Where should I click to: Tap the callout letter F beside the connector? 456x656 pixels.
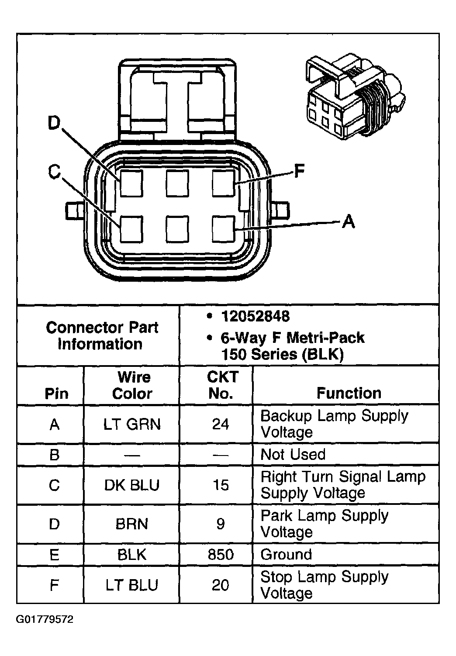(299, 171)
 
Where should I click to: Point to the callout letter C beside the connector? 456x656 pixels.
(54, 172)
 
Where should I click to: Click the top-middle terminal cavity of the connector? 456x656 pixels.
(177, 183)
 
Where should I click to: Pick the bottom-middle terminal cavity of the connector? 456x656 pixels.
(177, 229)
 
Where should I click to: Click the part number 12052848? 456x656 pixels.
(255, 316)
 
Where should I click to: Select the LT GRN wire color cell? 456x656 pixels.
(131, 424)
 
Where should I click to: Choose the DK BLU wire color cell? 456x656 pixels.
(131, 485)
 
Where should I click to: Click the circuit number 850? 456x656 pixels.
(221, 555)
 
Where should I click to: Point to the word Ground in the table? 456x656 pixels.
(286, 555)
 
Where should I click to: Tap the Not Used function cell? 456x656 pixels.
(293, 455)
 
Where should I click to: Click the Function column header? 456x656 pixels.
(349, 393)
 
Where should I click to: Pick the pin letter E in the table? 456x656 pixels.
(54, 555)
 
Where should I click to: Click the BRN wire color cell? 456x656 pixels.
(131, 524)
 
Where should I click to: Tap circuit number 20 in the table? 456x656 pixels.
(221, 585)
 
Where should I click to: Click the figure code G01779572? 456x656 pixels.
(45, 619)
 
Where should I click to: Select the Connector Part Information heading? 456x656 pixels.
(101, 335)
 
